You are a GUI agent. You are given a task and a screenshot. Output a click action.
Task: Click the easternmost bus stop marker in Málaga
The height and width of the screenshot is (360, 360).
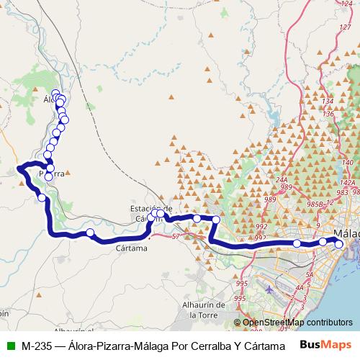[339, 244]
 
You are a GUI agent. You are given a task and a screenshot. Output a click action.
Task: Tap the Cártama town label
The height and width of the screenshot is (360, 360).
[131, 248]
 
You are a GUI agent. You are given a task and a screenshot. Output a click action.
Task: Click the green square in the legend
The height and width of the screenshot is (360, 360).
[9, 346]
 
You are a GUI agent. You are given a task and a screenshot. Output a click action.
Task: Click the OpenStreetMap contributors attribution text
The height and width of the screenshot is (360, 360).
[297, 323]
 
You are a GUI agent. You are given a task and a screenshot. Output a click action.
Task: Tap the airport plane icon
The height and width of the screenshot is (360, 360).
[269, 289]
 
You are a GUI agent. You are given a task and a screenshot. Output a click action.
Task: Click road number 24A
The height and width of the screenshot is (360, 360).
[281, 180]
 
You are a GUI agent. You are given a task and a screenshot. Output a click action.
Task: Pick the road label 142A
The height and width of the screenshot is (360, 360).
[345, 184]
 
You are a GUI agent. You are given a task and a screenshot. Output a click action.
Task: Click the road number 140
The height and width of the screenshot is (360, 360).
[348, 163]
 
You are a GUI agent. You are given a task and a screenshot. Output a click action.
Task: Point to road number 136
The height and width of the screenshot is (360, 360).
[328, 114]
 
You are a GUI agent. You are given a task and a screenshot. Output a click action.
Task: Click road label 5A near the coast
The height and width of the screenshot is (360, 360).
[309, 275]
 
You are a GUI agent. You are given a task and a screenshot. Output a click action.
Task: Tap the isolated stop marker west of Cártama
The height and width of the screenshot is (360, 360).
[90, 232]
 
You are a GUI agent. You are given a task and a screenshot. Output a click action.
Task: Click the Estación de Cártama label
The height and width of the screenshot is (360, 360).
[149, 204]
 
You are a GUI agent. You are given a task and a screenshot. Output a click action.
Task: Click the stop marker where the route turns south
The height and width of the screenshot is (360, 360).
[216, 219]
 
